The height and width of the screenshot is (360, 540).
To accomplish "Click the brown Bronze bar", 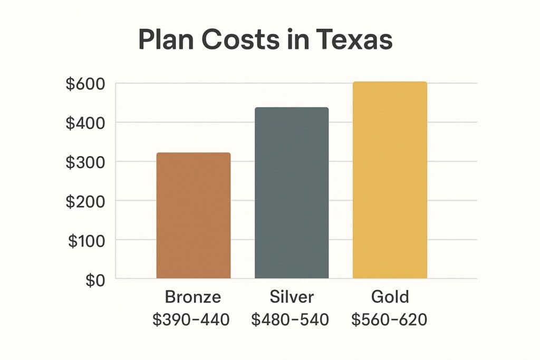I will pos(194,215).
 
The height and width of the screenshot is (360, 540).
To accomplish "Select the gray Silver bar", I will pos(292,192).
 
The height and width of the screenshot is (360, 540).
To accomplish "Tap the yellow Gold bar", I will pos(390,180).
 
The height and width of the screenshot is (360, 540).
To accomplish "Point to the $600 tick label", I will pos(85,84).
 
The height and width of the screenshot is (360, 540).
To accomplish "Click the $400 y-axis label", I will pos(85,123).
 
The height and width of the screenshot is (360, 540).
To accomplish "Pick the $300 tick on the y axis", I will pos(85,162).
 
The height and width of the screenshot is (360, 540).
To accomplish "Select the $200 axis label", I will pos(85,201).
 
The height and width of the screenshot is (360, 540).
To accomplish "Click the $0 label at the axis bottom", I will pos(95,279).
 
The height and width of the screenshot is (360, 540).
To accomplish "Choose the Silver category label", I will pos(292,297).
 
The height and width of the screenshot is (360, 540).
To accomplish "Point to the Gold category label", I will pos(390,297).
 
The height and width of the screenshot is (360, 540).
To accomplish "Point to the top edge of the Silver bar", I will pos(292,108).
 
